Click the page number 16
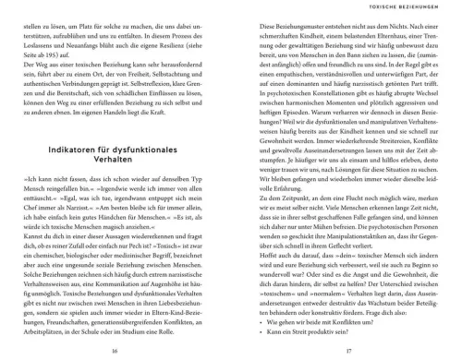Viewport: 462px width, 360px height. [114, 326]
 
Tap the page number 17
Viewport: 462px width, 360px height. [346, 326]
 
